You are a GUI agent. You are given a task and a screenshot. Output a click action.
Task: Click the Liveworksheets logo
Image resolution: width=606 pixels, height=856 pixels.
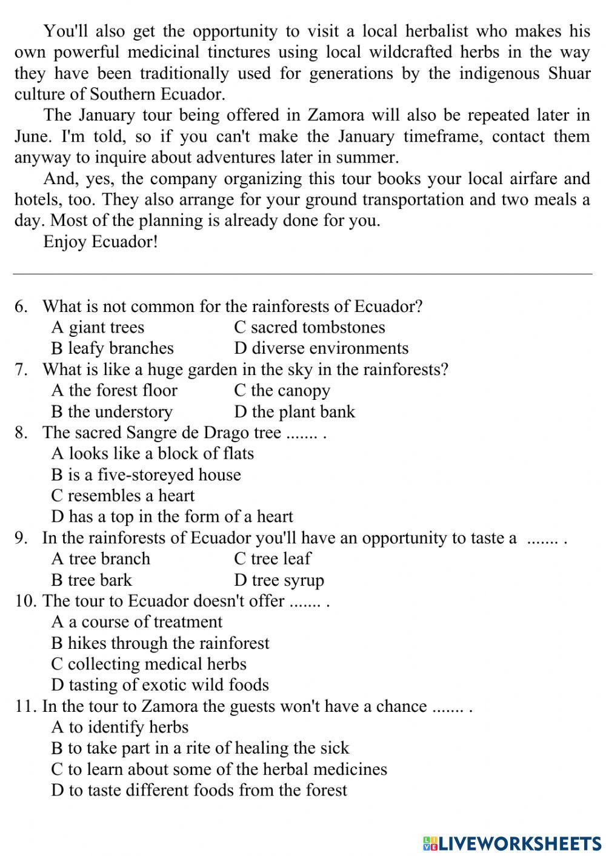(511, 843)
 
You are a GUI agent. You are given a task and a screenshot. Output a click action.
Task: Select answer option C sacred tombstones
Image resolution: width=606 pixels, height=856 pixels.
(309, 327)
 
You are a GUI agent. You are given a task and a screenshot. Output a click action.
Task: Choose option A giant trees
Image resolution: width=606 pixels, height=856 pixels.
(98, 327)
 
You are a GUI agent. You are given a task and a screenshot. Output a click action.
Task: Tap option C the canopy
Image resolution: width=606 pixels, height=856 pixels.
(282, 391)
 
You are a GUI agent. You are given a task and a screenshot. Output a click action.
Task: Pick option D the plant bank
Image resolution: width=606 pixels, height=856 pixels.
(294, 412)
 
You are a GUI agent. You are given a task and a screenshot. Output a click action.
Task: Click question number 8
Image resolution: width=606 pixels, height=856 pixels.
(21, 433)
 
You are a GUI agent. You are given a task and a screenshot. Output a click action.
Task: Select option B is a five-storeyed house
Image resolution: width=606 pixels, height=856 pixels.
(146, 475)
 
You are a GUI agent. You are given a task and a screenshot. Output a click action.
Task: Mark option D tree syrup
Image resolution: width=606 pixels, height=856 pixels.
(279, 580)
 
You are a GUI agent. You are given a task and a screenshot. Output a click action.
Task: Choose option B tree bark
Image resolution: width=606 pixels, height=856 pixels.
(91, 580)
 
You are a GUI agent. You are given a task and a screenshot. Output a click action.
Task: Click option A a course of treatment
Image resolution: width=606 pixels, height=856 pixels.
(137, 622)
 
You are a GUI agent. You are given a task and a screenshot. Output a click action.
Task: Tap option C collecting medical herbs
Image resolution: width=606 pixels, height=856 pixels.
(148, 664)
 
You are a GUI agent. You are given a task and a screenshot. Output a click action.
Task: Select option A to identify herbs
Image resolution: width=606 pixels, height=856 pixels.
(120, 727)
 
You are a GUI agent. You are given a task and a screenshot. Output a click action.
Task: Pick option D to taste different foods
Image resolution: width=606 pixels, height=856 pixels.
(199, 790)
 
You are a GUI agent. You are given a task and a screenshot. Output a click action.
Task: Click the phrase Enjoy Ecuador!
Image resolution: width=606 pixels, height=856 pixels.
(101, 242)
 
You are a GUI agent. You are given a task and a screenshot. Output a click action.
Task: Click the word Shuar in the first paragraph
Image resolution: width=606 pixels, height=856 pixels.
(569, 73)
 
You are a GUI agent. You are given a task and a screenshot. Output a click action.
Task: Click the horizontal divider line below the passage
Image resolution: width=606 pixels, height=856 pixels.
(302, 274)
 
